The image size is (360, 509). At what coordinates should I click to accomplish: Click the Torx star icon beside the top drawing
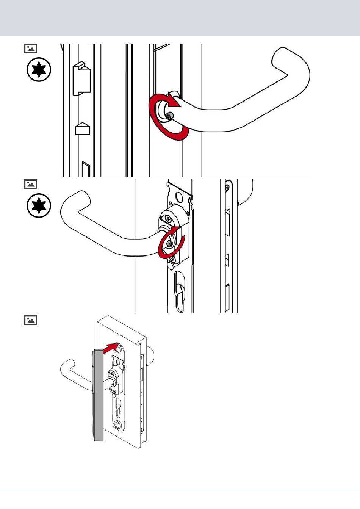point(39,70)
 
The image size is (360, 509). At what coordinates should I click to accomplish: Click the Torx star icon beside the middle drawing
point(39,206)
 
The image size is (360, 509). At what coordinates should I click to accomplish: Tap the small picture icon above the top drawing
point(30,49)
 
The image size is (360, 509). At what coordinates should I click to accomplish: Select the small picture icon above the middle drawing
point(30,184)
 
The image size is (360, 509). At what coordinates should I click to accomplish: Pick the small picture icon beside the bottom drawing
point(30,320)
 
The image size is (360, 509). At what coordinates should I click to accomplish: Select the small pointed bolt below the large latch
point(83,129)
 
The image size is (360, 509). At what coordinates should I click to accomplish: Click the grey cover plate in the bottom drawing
point(98,394)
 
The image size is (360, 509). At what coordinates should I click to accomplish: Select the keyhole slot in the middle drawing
point(180,292)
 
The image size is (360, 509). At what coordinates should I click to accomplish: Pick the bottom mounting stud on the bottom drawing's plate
point(117,424)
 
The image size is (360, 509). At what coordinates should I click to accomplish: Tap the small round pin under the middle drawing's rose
point(171,266)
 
